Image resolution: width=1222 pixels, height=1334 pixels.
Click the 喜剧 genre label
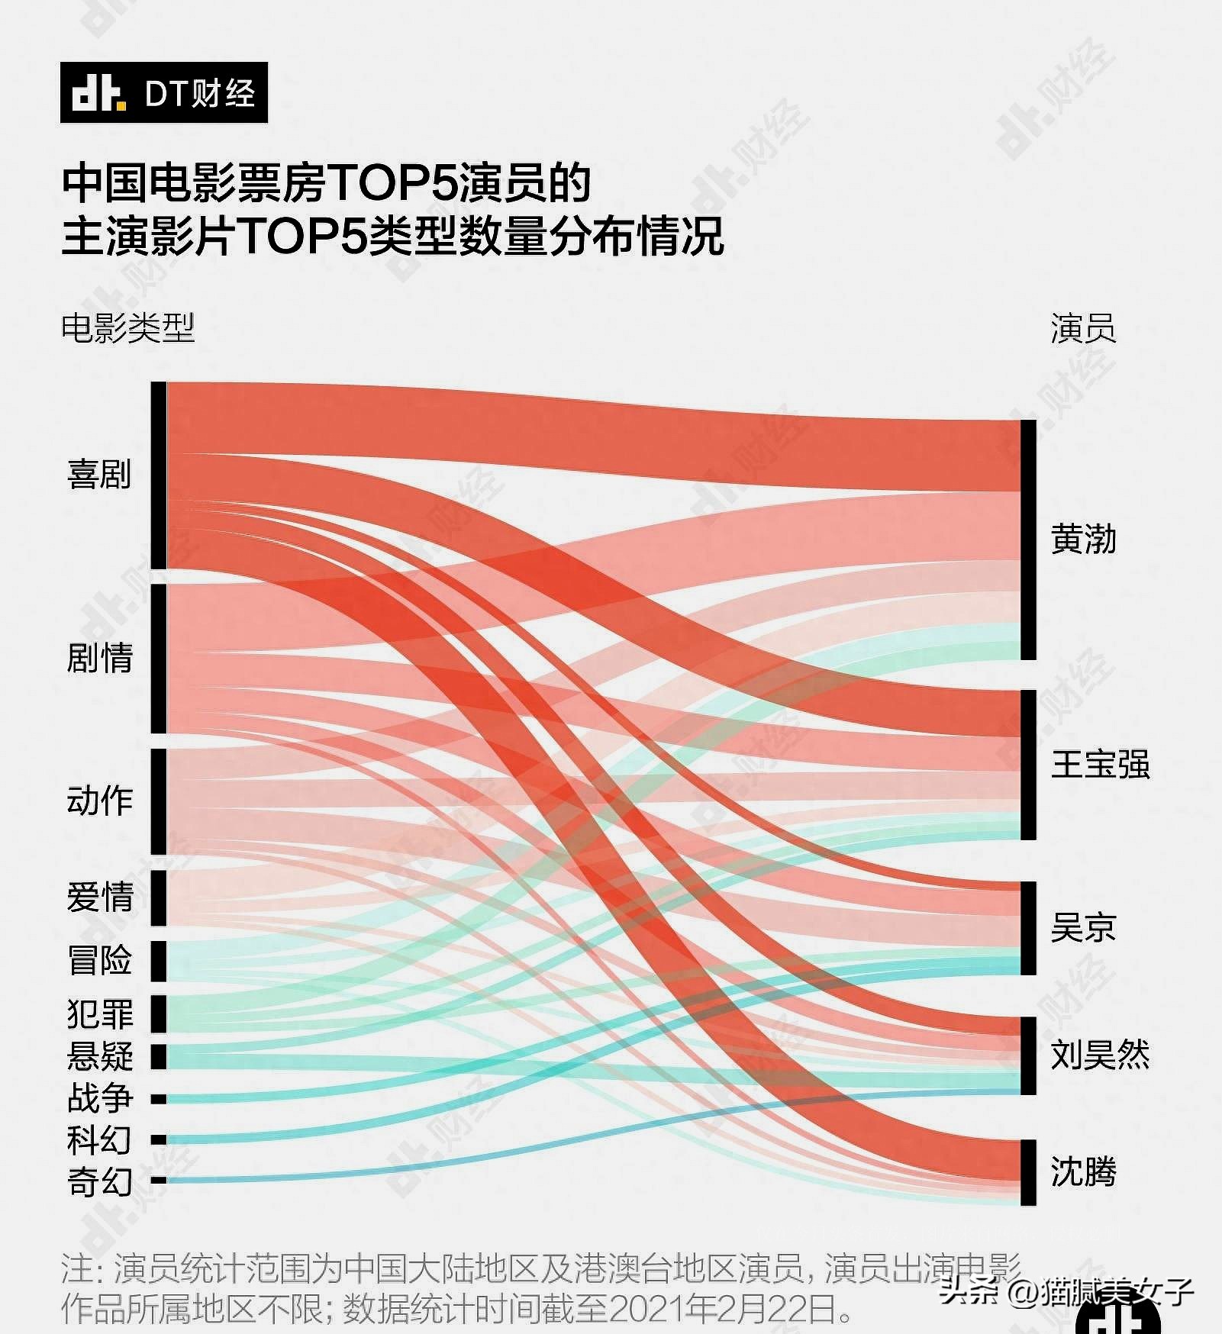point(99,474)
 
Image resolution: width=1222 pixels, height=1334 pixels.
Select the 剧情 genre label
point(99,657)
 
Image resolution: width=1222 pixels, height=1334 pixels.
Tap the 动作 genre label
point(99,801)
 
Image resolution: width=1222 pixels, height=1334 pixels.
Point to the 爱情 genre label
point(99,897)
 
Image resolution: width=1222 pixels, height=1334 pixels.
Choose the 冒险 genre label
point(99,960)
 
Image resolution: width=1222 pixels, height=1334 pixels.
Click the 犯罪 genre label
point(99,1013)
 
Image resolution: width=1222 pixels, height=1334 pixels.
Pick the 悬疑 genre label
point(99,1056)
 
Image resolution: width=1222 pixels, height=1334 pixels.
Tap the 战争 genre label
point(99,1098)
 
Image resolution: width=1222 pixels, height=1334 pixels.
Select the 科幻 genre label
point(99,1140)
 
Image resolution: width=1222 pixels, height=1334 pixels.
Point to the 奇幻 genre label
point(99,1182)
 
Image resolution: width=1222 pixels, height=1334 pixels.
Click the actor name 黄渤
point(1083,540)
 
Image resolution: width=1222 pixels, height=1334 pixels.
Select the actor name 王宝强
point(1100,764)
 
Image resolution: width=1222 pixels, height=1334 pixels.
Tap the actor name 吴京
point(1083,927)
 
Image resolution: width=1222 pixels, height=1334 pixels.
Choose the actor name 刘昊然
point(1100,1055)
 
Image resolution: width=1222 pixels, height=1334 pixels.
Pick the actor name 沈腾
point(1083,1171)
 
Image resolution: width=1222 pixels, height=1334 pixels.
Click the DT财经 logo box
point(164,92)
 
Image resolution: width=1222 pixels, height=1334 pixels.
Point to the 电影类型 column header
point(127,328)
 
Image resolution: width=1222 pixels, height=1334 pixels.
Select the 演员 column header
point(1083,328)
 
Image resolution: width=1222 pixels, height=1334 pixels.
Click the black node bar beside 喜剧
point(158,475)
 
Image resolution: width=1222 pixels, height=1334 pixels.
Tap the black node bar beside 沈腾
point(1028,1172)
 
